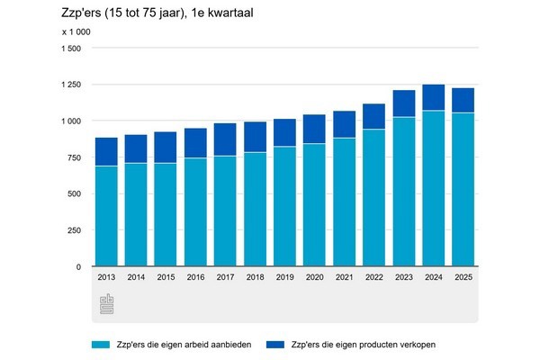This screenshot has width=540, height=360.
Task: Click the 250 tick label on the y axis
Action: [73, 230]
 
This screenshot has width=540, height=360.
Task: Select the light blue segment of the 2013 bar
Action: [106, 216]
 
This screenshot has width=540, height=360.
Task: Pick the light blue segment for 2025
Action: [463, 189]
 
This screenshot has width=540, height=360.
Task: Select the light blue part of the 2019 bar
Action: [285, 206]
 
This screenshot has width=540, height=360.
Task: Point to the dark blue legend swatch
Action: [273, 344]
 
